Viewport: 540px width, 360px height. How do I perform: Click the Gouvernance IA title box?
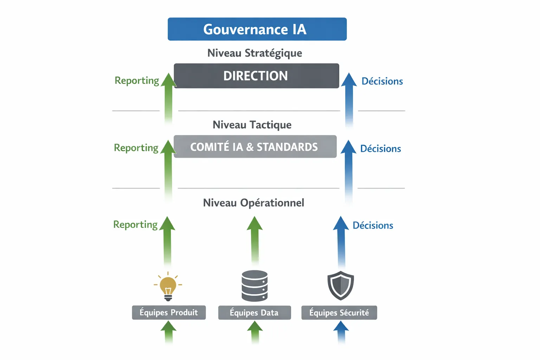click(x=257, y=29)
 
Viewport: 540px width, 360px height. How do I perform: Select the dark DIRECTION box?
click(x=256, y=76)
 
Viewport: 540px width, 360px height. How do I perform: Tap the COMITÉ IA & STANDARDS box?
click(x=255, y=147)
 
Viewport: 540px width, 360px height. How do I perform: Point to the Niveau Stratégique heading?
click(x=255, y=53)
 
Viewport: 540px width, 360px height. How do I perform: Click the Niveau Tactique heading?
click(x=252, y=125)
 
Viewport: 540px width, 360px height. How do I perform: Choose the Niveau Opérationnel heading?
click(x=253, y=203)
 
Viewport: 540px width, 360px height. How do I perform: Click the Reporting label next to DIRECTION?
click(x=137, y=81)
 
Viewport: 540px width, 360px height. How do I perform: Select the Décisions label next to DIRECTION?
click(x=382, y=81)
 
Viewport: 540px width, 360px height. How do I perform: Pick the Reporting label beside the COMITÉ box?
click(x=136, y=148)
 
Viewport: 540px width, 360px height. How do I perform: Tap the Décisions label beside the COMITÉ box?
click(x=380, y=149)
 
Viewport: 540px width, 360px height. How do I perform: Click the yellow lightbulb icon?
click(x=168, y=287)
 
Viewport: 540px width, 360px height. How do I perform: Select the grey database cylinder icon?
click(x=255, y=286)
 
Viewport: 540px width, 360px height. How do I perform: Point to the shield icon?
click(x=340, y=285)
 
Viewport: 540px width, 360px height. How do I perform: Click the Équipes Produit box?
click(x=169, y=313)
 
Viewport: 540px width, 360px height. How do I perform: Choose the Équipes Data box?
click(x=255, y=313)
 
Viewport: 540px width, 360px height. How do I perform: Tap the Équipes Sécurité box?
click(x=339, y=313)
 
